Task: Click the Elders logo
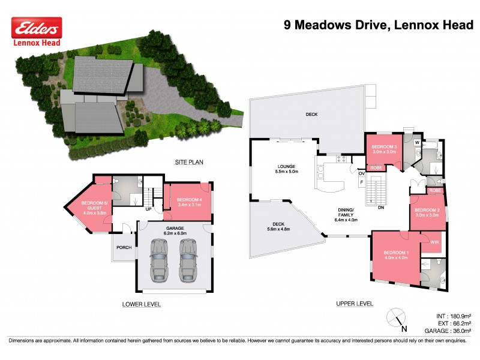(x=37, y=28)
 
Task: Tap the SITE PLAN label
(x=189, y=163)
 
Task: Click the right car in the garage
(x=188, y=259)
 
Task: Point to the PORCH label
(x=123, y=247)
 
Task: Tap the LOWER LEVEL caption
(x=142, y=304)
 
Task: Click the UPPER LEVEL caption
(x=354, y=304)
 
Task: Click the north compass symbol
(x=396, y=317)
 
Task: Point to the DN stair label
(x=380, y=208)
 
